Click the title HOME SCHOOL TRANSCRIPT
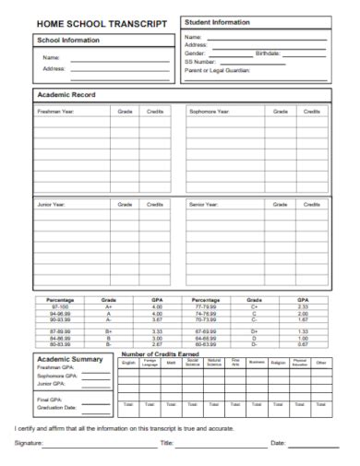point(102,23)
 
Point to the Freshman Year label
point(56,113)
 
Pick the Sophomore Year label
point(210,113)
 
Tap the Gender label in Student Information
point(197,54)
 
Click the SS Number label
point(201,61)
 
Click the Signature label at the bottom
point(29,445)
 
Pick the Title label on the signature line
point(167,445)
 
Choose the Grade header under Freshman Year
point(125,113)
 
